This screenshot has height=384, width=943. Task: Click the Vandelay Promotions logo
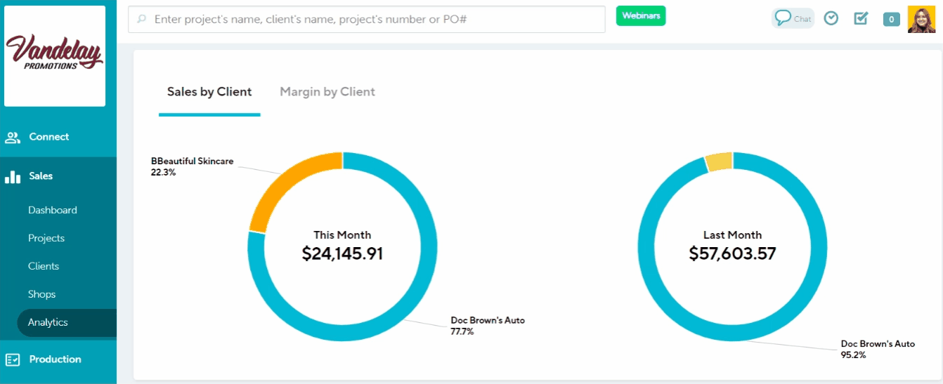click(55, 55)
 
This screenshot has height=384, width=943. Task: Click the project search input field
click(366, 20)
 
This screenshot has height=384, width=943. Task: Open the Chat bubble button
click(793, 18)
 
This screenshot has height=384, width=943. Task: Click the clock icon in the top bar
click(831, 18)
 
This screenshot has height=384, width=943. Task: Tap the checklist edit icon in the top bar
click(861, 18)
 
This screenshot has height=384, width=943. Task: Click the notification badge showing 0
click(891, 20)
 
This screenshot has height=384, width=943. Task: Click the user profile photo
click(921, 19)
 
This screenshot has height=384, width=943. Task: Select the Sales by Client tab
click(209, 92)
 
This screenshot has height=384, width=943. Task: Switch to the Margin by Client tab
click(327, 92)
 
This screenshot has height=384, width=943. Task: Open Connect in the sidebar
click(48, 137)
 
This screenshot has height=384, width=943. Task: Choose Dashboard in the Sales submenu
click(53, 210)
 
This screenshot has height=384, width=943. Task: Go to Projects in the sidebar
click(46, 238)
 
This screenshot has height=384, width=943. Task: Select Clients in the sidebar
click(44, 266)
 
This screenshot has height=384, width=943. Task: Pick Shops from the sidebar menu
click(42, 294)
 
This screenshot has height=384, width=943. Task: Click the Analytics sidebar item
click(48, 322)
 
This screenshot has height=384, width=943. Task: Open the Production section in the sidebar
click(55, 359)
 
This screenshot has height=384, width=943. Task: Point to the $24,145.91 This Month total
click(342, 253)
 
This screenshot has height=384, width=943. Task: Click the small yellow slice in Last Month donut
click(719, 162)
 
